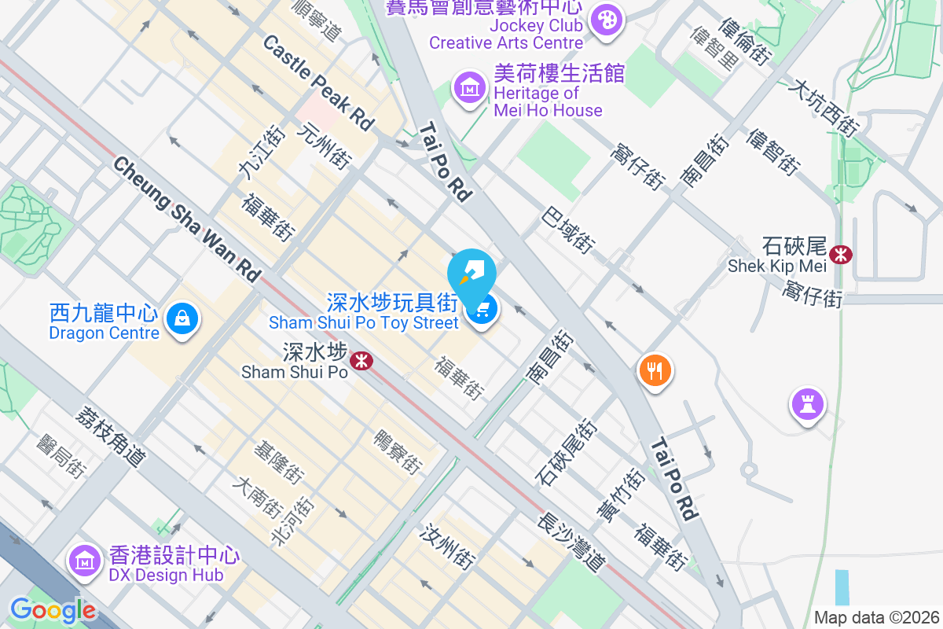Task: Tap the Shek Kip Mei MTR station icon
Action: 841,254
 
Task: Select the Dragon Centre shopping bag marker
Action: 182,318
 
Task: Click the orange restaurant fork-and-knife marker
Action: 655,369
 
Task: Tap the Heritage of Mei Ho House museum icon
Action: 470,87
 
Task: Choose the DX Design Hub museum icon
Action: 83,561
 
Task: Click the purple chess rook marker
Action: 807,404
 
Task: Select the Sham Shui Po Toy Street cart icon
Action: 482,310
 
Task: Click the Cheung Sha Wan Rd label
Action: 186,219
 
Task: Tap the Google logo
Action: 53,609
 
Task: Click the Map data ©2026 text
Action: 876,617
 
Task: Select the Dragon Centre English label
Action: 104,333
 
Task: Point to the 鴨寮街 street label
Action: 398,451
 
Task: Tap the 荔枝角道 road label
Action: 111,436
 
